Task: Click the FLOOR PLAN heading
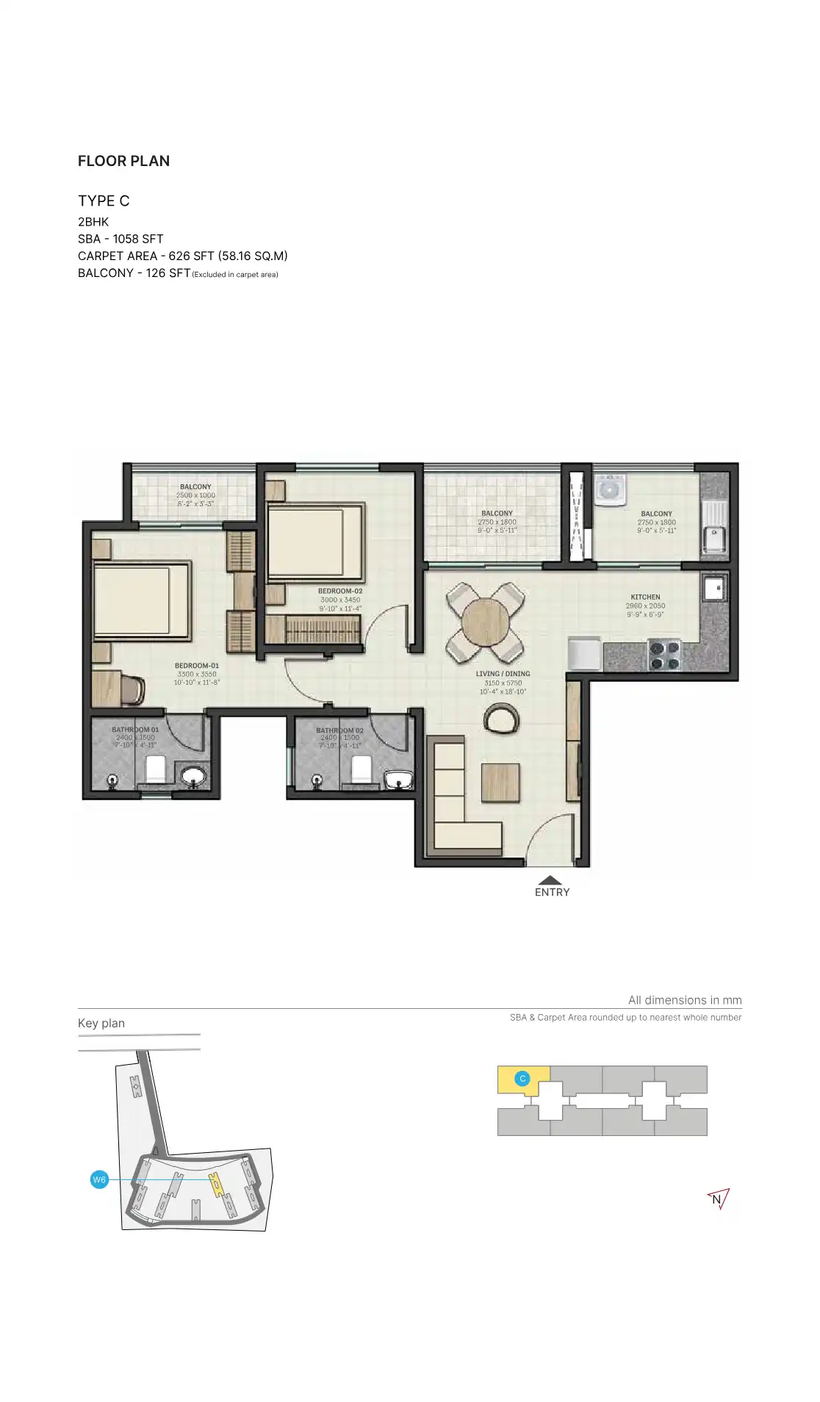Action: (123, 161)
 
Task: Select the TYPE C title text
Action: (104, 201)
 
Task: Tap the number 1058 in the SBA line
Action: (126, 239)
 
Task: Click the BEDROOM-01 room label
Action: (197, 666)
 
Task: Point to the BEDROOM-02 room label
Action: (340, 591)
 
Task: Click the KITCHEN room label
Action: (645, 597)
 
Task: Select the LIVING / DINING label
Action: (503, 674)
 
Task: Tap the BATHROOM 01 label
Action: (135, 730)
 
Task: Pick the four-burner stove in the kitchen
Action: (663, 655)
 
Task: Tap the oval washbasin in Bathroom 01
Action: (195, 776)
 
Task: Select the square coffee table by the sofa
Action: (500, 783)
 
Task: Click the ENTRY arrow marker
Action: (550, 880)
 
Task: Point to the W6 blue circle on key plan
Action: (99, 1180)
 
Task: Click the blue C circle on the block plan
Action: (522, 1079)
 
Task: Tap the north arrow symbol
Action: (718, 1199)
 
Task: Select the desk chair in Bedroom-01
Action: (133, 689)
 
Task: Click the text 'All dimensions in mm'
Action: (684, 1000)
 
